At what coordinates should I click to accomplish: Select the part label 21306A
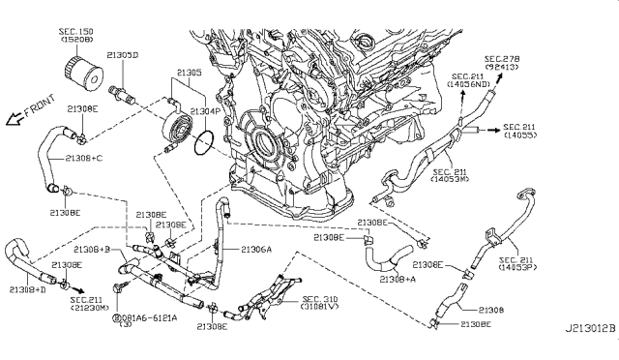(255, 249)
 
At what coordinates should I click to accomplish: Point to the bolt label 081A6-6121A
(146, 316)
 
